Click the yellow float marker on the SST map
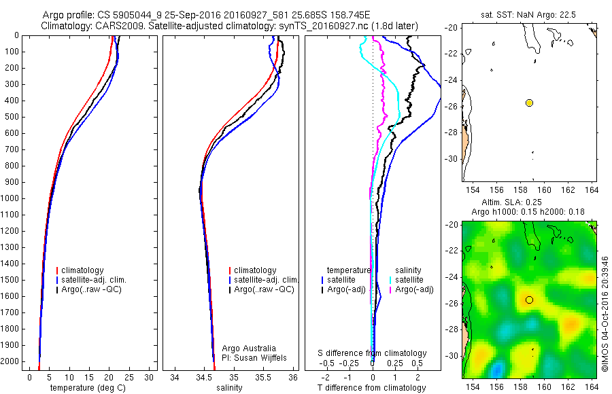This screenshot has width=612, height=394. (529, 103)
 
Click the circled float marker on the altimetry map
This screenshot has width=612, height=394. (529, 300)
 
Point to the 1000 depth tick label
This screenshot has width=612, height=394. (11, 198)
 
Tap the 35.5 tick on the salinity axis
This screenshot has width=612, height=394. (264, 378)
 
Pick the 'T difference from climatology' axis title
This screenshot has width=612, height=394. (372, 388)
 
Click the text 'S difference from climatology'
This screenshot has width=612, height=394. (372, 353)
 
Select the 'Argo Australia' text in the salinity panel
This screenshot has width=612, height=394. (250, 348)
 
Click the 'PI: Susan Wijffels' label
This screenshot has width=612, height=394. (255, 357)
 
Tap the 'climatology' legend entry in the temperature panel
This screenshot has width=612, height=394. (85, 270)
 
